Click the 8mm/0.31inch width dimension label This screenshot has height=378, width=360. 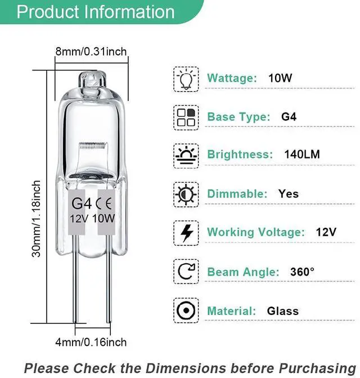pos(91,52)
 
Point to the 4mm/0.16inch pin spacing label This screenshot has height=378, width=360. pos(91,341)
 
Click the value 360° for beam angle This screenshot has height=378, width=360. pos(302,272)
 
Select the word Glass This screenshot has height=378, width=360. pos(283,310)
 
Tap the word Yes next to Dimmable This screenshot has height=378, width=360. pos(289,194)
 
